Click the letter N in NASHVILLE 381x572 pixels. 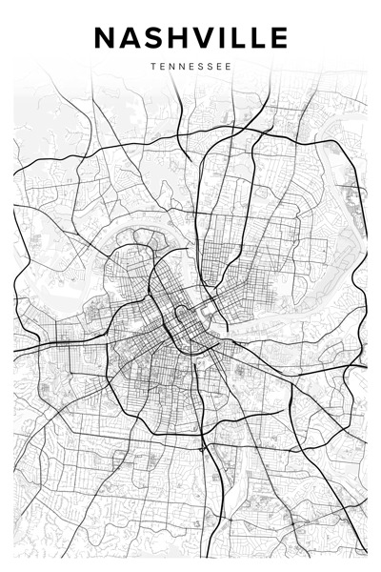[106, 37]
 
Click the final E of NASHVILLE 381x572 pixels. [276, 37]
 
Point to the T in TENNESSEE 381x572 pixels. [151, 67]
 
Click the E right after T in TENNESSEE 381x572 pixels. [161, 67]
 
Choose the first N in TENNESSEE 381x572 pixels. [171, 67]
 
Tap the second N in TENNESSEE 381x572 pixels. [183, 67]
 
